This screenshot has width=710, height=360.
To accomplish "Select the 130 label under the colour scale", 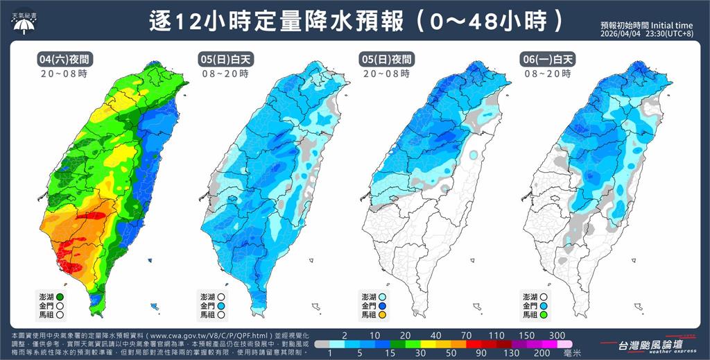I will point(512,353).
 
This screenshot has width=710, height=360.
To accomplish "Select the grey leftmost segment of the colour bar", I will point(323,344).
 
